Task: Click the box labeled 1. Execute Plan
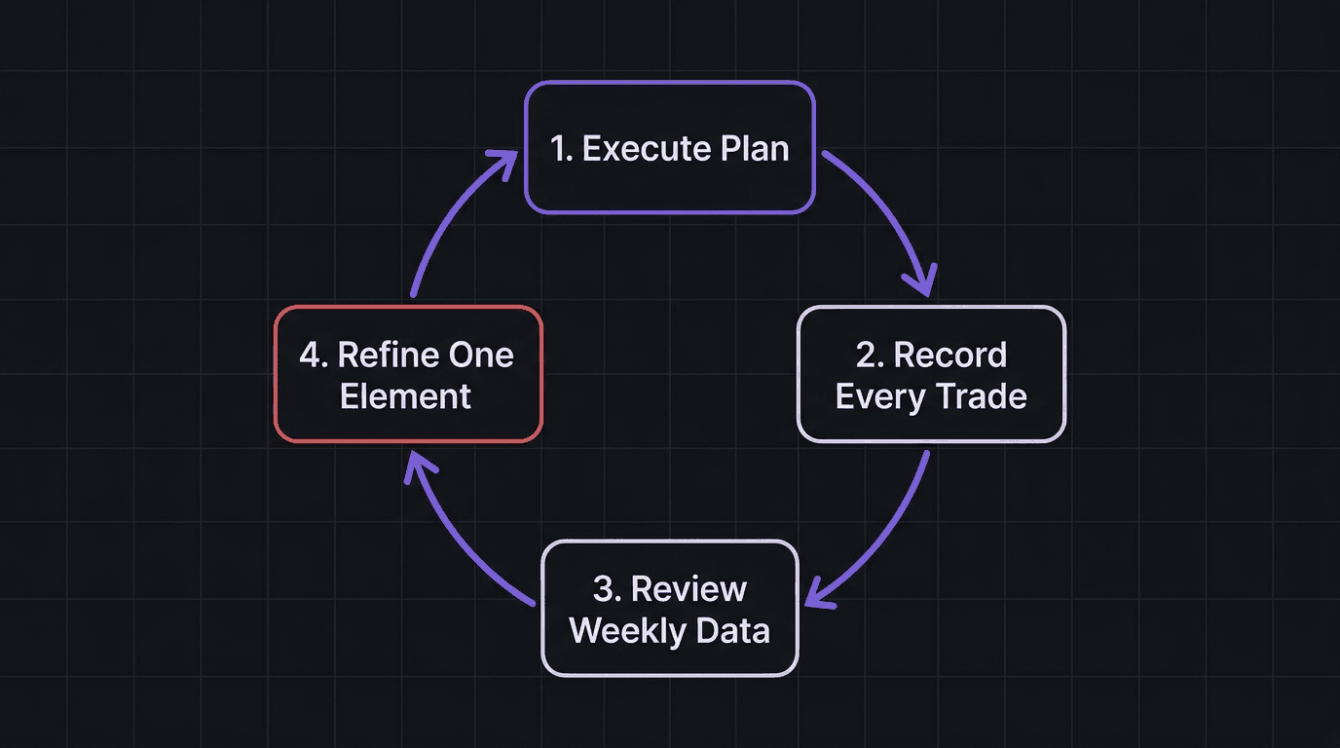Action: coord(669,148)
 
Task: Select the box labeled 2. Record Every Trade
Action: coord(931,375)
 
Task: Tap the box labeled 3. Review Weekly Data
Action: coord(669,609)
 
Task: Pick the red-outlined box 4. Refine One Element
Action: coord(407,375)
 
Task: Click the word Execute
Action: coord(646,149)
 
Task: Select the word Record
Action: coord(949,355)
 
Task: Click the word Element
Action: coord(406,396)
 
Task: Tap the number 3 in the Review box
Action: coord(603,589)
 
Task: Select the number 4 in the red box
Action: coord(310,355)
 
